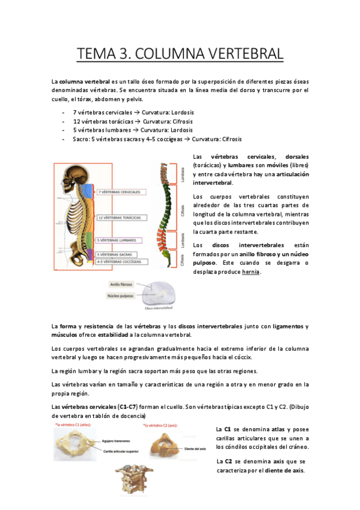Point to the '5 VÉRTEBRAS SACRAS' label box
(118, 254)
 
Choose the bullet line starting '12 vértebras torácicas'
(116, 121)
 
